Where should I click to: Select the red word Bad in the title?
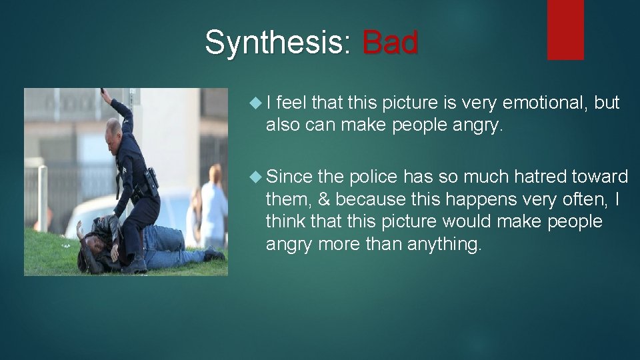[390, 42]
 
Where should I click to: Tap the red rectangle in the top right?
[565, 29]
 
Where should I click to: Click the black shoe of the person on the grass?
[214, 254]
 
